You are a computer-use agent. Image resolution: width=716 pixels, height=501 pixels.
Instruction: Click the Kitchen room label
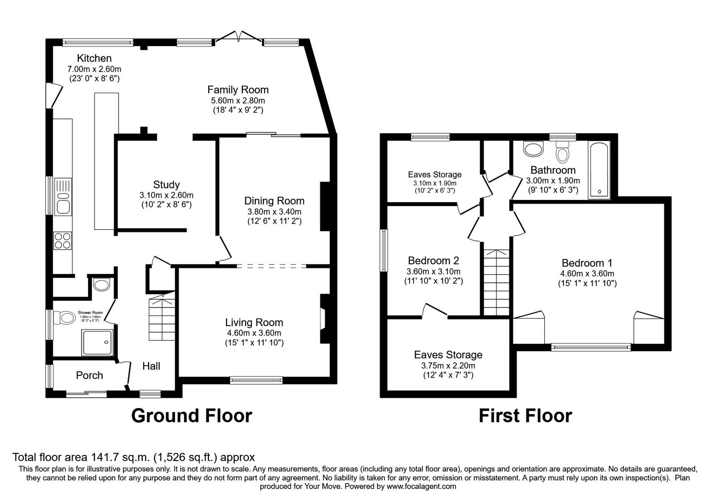tap(94, 58)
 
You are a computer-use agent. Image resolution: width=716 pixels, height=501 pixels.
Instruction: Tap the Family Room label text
tap(238, 89)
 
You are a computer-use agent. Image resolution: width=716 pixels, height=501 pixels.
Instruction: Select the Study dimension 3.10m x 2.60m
tap(166, 195)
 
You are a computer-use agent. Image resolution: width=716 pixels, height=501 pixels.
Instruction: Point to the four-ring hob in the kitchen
tap(63, 241)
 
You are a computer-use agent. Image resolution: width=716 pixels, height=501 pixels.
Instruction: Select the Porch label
tap(89, 375)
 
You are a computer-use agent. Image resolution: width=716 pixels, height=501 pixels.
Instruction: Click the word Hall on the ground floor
tap(151, 366)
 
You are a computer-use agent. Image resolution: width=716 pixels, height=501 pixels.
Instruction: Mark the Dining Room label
tap(274, 201)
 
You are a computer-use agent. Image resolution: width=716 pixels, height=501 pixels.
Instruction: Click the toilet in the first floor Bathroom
tap(563, 153)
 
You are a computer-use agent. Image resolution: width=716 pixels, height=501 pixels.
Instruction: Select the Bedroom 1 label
tap(587, 263)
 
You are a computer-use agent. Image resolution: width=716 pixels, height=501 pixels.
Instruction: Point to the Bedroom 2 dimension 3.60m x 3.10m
tap(433, 272)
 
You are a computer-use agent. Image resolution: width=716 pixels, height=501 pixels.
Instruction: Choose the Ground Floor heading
tap(192, 416)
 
